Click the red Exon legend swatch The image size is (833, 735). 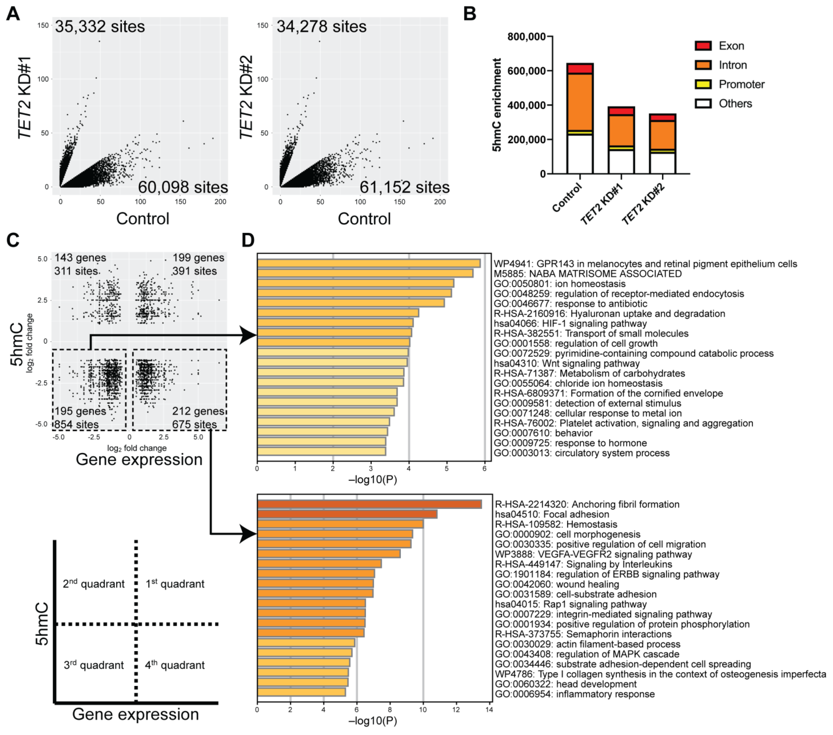703,46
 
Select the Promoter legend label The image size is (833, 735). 741,84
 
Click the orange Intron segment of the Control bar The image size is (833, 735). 580,102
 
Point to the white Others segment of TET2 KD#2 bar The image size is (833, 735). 662,163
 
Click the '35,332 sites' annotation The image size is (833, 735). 100,27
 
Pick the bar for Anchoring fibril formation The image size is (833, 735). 369,504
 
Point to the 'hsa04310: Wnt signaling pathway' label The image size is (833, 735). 566,364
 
